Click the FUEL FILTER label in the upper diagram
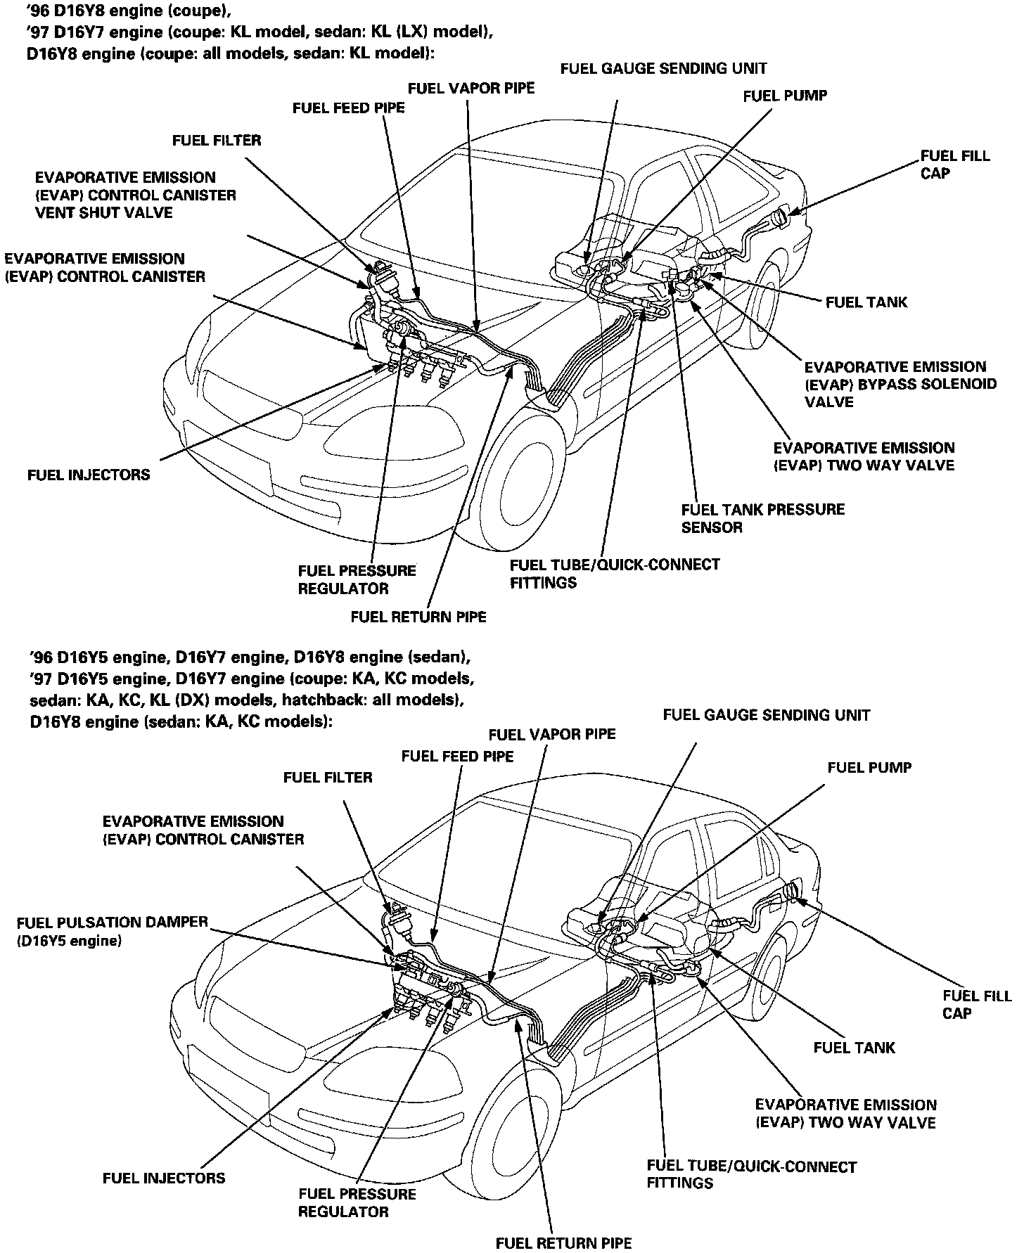(216, 140)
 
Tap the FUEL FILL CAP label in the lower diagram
(976, 1004)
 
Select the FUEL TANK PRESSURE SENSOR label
(762, 518)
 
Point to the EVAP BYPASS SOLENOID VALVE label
(900, 384)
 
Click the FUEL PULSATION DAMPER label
(112, 930)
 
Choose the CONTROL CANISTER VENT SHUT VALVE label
(135, 195)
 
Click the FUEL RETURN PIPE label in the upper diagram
(418, 617)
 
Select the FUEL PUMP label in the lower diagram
(869, 767)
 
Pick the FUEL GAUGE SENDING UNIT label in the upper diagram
(663, 68)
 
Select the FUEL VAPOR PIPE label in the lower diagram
(551, 734)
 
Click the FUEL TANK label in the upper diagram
(866, 302)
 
